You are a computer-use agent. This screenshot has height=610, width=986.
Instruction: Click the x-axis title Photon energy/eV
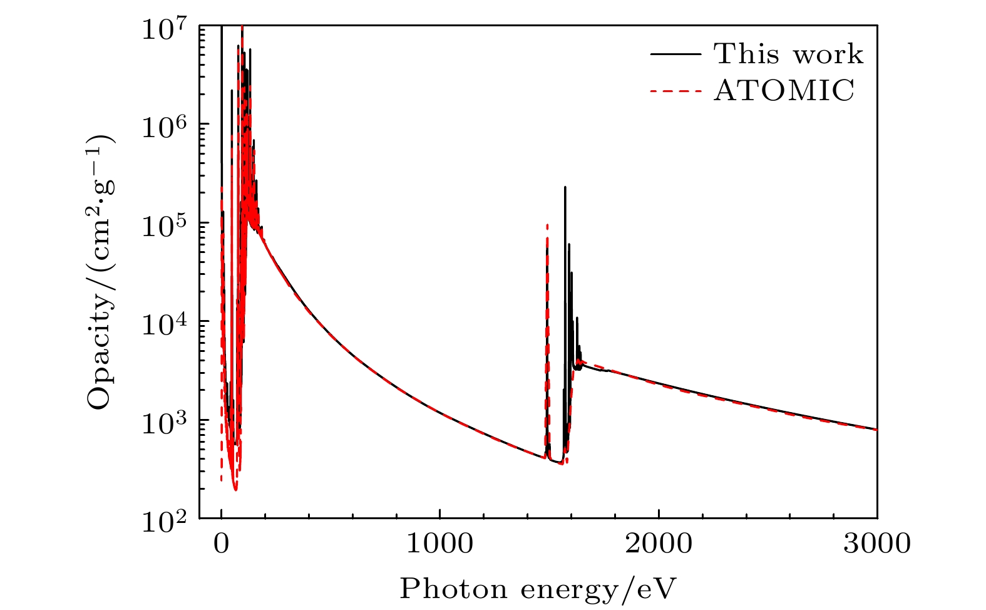(x=538, y=589)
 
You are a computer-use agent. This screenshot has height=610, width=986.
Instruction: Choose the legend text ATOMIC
(x=784, y=91)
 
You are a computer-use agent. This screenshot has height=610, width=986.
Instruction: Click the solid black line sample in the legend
(x=675, y=54)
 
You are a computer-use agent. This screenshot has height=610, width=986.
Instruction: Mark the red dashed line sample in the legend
(x=675, y=91)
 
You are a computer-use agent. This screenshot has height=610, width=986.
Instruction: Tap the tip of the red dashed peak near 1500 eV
(x=547, y=224)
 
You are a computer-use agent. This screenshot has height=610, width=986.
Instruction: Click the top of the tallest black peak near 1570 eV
(x=565, y=187)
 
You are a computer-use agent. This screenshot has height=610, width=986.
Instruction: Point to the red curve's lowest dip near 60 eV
(x=235, y=490)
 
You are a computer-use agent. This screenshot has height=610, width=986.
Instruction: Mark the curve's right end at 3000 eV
(x=876, y=429)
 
